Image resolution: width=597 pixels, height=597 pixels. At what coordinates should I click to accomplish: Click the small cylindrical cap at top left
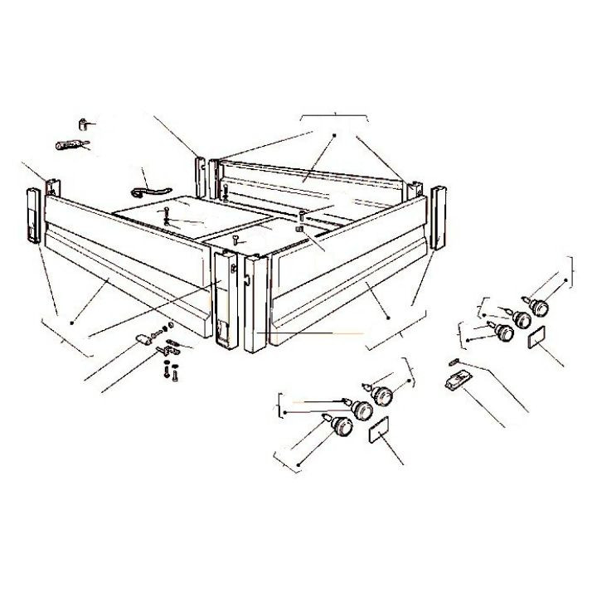coord(84,124)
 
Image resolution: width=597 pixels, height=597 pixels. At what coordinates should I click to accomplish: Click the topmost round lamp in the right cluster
coord(540,308)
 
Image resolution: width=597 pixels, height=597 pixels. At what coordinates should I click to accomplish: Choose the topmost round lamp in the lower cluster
coord(382,396)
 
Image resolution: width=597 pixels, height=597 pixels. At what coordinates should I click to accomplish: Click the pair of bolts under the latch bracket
coord(169,372)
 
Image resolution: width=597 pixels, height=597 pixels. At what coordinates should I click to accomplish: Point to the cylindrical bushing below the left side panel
coord(143,337)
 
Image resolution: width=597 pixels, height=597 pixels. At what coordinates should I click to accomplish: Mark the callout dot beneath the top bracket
coord(333,134)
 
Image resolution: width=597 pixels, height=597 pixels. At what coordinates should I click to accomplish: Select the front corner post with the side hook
coord(255,303)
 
